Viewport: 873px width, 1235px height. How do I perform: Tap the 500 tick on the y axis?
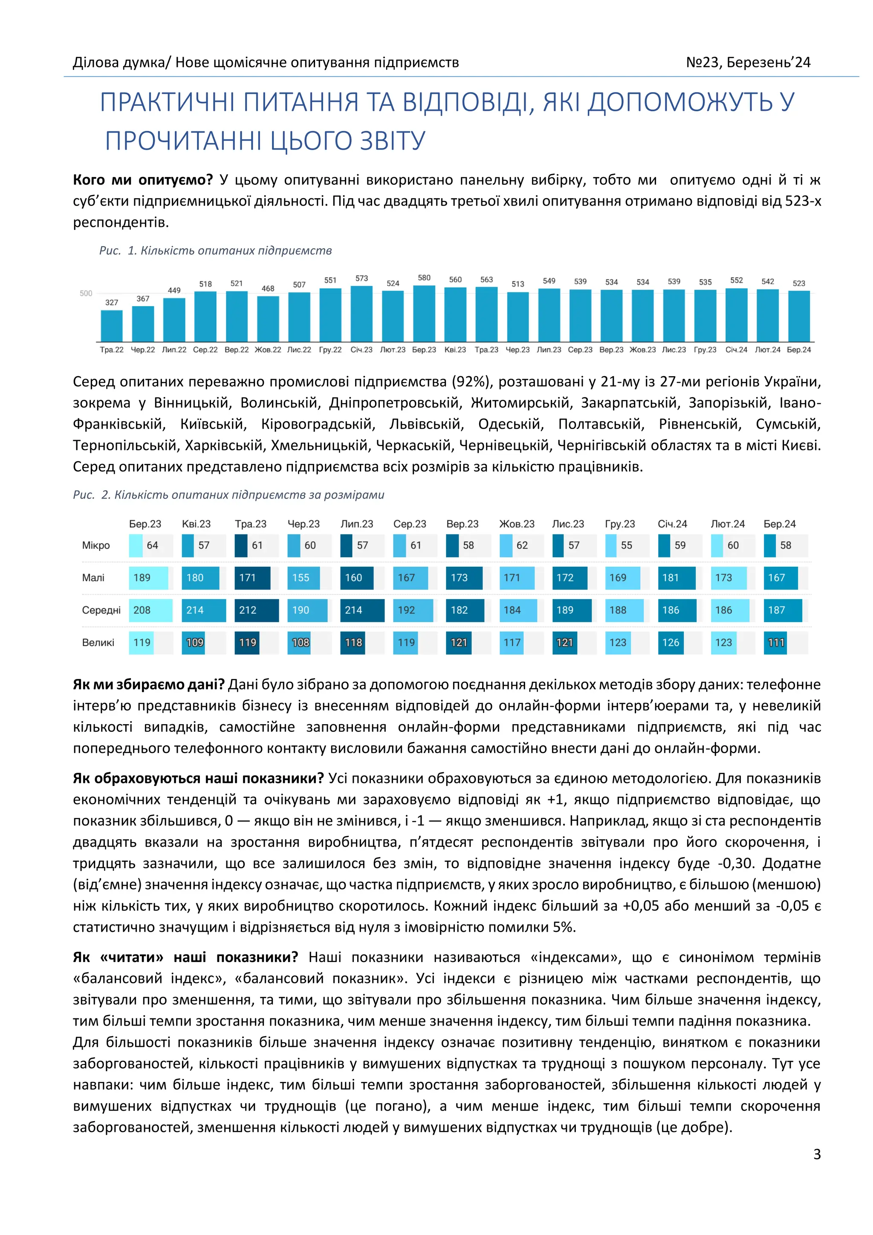(86, 293)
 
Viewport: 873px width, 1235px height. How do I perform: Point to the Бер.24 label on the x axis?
(799, 350)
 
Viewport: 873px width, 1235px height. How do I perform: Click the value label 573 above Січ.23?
(362, 278)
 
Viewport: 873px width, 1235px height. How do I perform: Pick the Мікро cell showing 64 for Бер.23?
(150, 545)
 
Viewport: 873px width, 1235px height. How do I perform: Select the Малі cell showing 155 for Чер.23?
(304, 578)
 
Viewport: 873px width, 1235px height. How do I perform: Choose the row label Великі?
(98, 642)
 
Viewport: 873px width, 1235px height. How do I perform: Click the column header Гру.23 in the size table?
(620, 524)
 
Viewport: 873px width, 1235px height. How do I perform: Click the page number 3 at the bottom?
(817, 1154)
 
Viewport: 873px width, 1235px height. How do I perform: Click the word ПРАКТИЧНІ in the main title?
(168, 102)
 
